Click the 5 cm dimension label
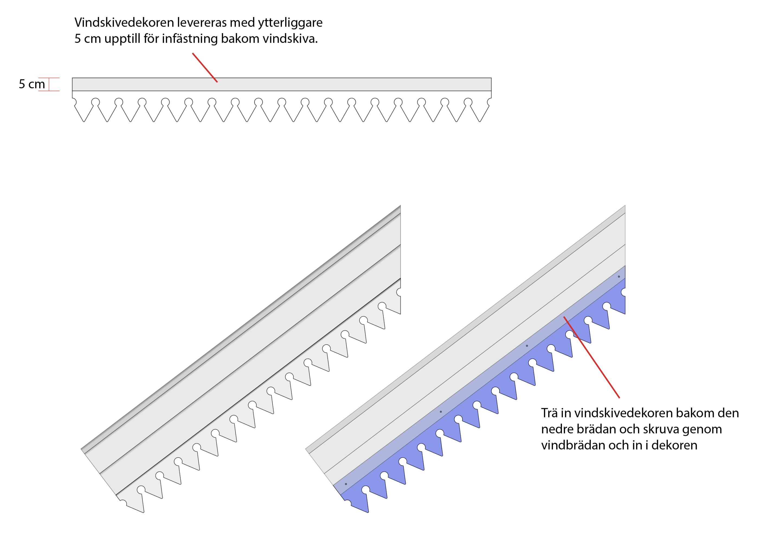[x=32, y=84]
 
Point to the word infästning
[x=190, y=39]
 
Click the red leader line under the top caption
[x=205, y=68]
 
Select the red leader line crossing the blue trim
[x=591, y=357]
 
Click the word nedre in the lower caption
[x=557, y=429]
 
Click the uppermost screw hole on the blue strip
[x=619, y=276]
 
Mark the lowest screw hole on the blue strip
[x=346, y=484]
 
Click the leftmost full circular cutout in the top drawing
[x=95, y=102]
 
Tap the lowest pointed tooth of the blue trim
[x=368, y=512]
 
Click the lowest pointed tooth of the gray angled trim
[x=143, y=512]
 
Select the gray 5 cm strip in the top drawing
[x=282, y=84]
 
